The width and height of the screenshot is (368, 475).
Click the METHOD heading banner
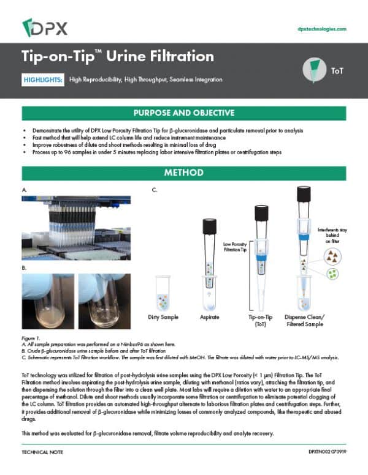click(184, 173)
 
